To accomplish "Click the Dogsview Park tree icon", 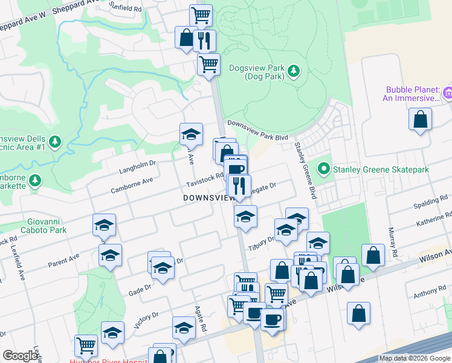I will click(294, 71).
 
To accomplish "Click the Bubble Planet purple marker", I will click(447, 93).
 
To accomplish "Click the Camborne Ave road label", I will click(131, 185).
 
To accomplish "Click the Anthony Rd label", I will click(430, 293).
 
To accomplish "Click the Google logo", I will click(20, 356).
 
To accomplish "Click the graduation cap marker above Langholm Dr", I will click(191, 134).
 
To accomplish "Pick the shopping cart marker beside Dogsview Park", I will click(208, 63).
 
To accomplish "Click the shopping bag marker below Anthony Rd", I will click(359, 313).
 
